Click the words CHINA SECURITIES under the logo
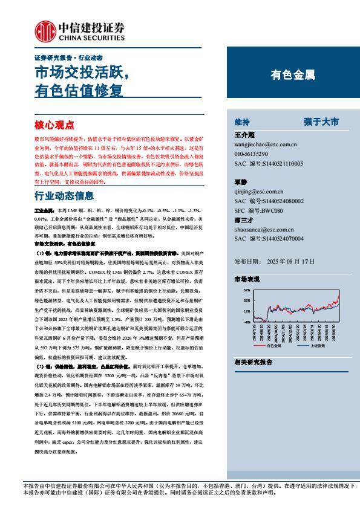click(x=90, y=36)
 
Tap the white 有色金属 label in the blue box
click(x=292, y=76)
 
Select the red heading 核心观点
click(x=54, y=125)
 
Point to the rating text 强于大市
click(x=321, y=122)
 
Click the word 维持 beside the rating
click(x=242, y=122)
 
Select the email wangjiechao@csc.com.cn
click(x=265, y=145)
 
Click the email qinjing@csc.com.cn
click(x=260, y=191)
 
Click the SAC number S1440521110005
click(x=269, y=164)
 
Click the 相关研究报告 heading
click(x=253, y=361)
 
